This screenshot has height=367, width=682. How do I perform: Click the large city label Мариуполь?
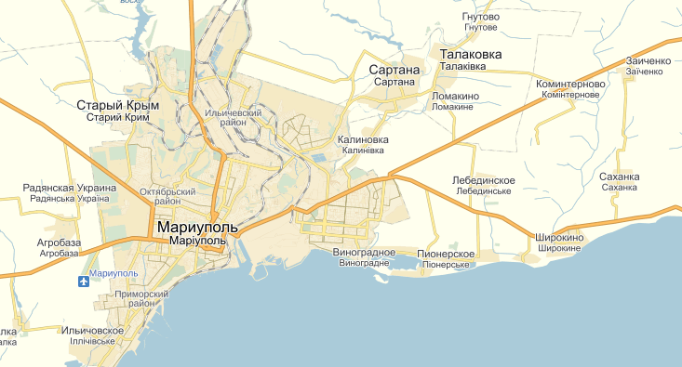click(x=198, y=227)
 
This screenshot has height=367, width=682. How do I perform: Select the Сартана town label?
click(x=394, y=70)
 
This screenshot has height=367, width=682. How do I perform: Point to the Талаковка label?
click(x=470, y=55)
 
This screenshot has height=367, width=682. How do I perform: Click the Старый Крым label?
click(x=118, y=105)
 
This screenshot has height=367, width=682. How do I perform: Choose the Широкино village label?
click(x=560, y=238)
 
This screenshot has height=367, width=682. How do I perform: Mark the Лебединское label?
click(x=483, y=179)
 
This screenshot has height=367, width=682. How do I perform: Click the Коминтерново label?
click(x=571, y=84)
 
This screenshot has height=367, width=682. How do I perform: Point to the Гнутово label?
click(x=480, y=17)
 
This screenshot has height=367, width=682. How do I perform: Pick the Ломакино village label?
click(x=456, y=96)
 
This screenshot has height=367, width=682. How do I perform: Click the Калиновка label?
click(x=363, y=139)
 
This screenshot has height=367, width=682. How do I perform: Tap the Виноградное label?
click(x=364, y=252)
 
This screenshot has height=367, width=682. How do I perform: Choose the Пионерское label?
click(x=447, y=254)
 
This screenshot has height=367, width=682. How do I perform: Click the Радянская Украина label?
click(x=70, y=188)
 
